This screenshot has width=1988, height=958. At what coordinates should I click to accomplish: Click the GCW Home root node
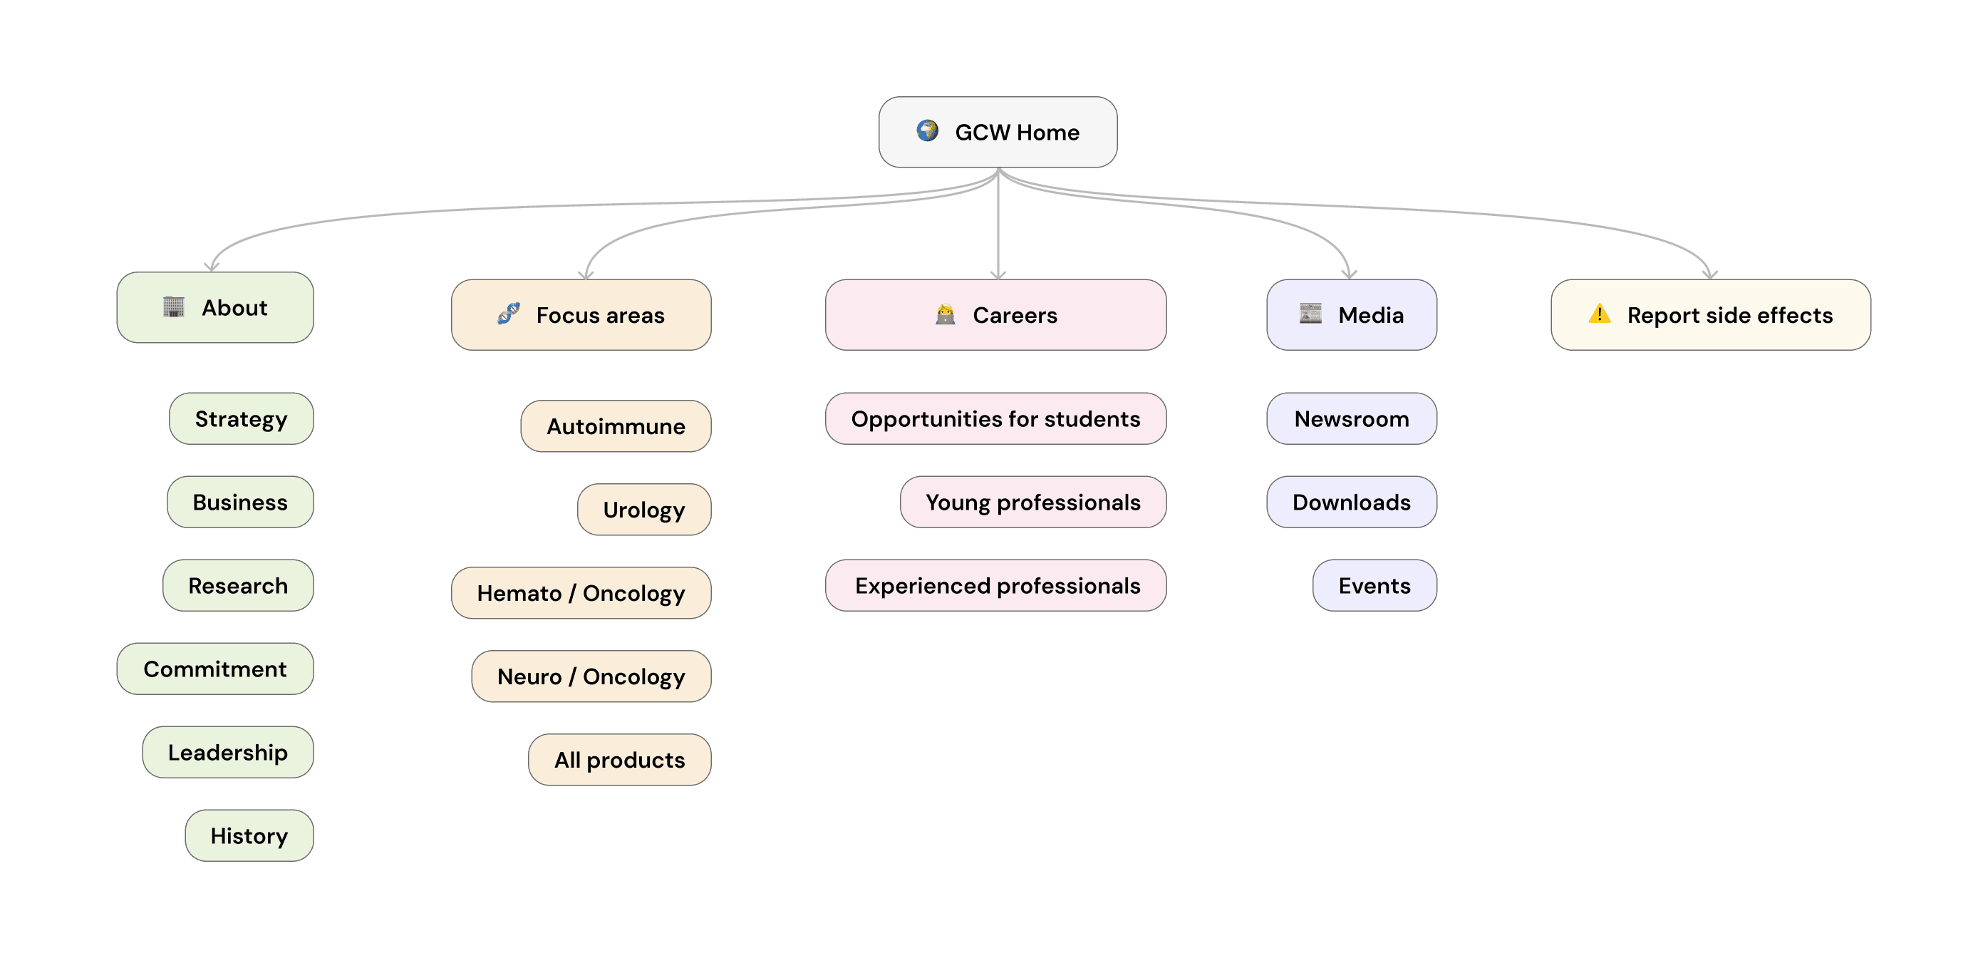[997, 132]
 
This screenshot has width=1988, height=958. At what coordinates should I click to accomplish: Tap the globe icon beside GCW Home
[927, 130]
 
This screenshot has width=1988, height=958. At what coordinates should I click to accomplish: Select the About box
[215, 307]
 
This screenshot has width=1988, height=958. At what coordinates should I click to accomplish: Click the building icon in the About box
[174, 307]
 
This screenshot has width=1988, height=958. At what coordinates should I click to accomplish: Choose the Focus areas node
[581, 315]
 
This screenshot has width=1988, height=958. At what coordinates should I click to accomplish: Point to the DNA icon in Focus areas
[509, 314]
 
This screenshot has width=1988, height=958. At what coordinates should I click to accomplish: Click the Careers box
[995, 315]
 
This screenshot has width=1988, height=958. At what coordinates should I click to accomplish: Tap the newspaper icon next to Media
[1310, 314]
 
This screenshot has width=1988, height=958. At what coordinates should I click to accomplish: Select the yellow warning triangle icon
[1600, 314]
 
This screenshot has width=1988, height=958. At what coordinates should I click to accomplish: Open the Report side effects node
[1710, 315]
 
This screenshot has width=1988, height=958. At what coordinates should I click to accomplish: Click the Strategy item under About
[242, 418]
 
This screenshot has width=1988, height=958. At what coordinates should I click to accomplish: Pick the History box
[249, 835]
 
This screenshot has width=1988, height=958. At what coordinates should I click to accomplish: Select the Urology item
[644, 510]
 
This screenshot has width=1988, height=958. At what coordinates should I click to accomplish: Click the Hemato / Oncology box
[581, 593]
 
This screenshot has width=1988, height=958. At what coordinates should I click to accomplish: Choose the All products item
[620, 760]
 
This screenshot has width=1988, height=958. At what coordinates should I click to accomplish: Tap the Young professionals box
[1033, 502]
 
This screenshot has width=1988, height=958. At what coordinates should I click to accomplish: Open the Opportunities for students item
[995, 418]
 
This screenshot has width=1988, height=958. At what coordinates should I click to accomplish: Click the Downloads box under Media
[1351, 502]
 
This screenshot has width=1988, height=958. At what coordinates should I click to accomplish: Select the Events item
[1374, 585]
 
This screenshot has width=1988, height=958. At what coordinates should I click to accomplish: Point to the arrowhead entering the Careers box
[998, 275]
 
